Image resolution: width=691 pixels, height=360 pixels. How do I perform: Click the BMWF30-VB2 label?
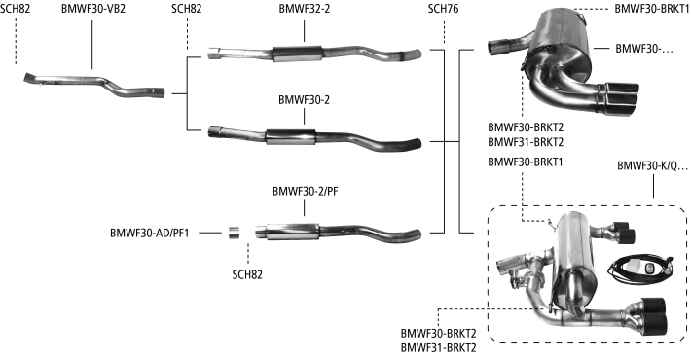[93, 9]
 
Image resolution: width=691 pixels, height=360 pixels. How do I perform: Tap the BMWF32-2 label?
[304, 9]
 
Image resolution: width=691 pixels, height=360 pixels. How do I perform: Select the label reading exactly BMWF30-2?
[304, 100]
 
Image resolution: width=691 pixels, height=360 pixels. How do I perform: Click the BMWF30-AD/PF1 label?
[150, 234]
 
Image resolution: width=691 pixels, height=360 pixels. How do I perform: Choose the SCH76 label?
[444, 9]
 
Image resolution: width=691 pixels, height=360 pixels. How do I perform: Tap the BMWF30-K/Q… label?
[652, 166]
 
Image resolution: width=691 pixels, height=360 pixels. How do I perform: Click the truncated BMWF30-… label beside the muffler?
[644, 48]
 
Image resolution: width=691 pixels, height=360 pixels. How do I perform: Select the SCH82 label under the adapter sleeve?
[247, 275]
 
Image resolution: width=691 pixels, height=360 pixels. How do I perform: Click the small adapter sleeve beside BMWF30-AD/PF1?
[234, 233]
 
